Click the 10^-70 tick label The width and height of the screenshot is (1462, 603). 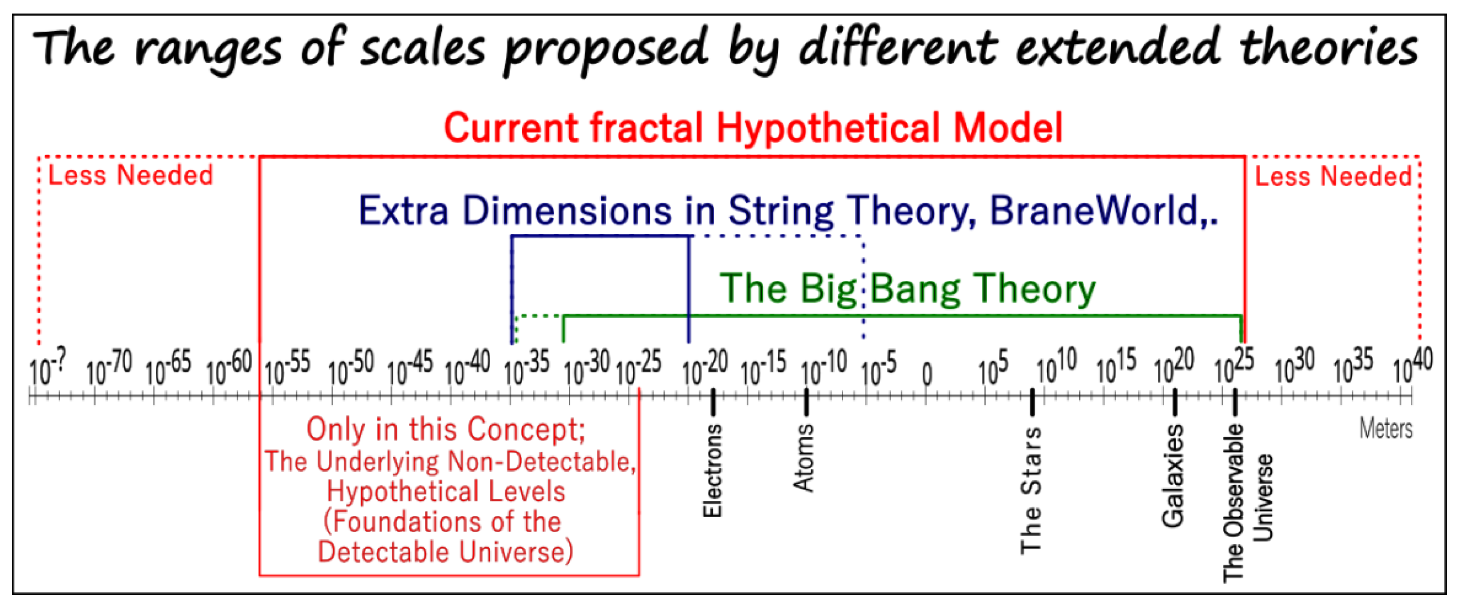click(110, 367)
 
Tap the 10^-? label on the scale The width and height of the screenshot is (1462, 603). click(48, 367)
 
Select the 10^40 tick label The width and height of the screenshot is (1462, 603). click(1413, 367)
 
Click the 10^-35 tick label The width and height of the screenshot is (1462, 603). click(527, 367)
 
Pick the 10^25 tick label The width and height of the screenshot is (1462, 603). click(1235, 367)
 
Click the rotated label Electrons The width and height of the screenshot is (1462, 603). click(712, 471)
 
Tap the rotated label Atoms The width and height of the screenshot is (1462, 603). click(803, 457)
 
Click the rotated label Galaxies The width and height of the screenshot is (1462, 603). click(1173, 476)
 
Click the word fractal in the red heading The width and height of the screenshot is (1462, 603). click(646, 127)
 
